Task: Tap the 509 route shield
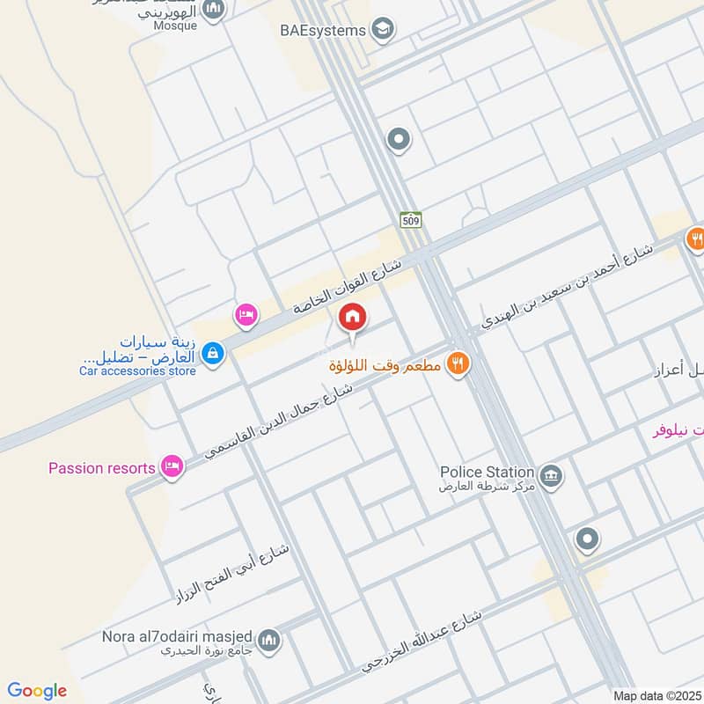click(x=410, y=219)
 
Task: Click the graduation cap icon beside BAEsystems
click(x=382, y=30)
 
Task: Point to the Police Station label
click(x=487, y=472)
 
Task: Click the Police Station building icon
click(x=552, y=477)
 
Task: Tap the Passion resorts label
click(x=101, y=468)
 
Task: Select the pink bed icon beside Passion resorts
click(x=172, y=467)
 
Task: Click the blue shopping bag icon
click(x=211, y=354)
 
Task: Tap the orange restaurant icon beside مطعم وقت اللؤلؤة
click(x=456, y=362)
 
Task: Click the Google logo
click(x=37, y=691)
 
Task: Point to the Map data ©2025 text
click(x=656, y=695)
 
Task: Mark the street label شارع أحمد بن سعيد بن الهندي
click(x=568, y=287)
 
